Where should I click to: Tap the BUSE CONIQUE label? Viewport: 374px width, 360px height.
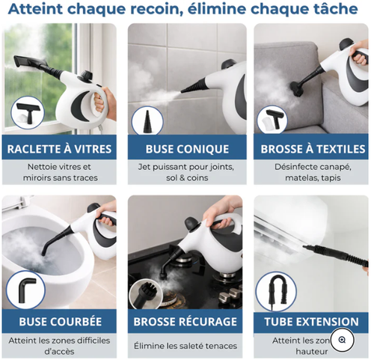point(186,148)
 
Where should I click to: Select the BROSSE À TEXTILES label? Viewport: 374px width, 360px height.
point(310,148)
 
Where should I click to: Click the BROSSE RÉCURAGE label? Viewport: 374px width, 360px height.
point(186,322)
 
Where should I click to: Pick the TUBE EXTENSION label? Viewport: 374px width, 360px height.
point(310,322)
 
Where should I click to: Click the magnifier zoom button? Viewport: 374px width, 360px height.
point(342,340)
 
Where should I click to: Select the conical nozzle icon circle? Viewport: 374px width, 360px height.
point(147,120)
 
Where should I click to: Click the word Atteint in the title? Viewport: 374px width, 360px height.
point(37,10)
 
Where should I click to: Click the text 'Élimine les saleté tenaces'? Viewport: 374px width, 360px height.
point(186,346)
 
